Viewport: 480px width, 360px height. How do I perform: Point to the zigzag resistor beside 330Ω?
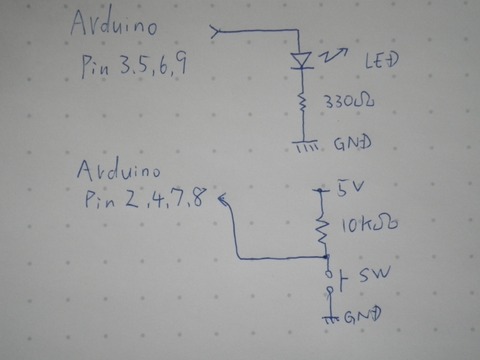pyautogui.click(x=301, y=102)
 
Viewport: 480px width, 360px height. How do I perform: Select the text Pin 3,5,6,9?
pyautogui.click(x=136, y=68)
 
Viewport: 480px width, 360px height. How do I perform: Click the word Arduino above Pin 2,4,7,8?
pyautogui.click(x=119, y=169)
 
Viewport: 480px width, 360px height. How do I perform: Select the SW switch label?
pyautogui.click(x=368, y=274)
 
